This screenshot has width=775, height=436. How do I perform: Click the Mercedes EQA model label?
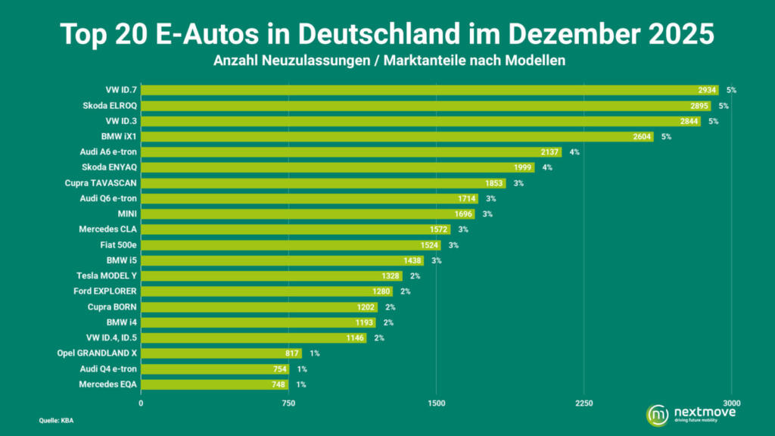[107, 385]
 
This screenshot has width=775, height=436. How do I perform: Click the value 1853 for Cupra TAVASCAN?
[492, 183]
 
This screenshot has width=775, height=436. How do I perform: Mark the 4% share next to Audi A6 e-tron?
[574, 152]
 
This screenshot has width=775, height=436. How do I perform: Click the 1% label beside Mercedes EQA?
[301, 385]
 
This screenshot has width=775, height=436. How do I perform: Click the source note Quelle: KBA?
[57, 420]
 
